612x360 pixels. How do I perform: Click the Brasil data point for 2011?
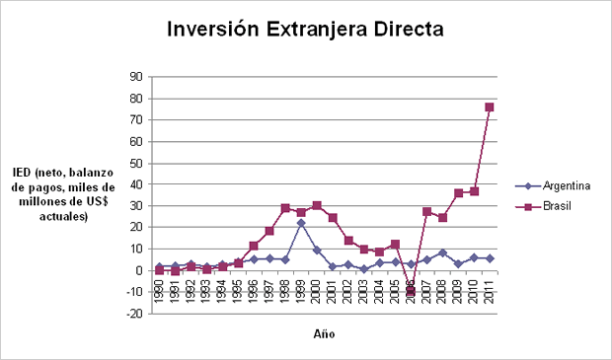tap(490, 107)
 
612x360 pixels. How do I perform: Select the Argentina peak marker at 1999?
tap(301, 223)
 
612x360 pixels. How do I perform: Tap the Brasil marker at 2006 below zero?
tap(411, 291)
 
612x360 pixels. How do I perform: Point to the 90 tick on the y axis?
tap(136, 77)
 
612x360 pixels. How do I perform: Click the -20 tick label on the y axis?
tap(134, 313)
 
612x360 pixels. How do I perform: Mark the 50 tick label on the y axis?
tap(136, 163)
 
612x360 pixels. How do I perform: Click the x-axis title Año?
tap(324, 334)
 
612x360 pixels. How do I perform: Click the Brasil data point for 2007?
tap(426, 211)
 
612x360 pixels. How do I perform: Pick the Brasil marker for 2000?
tap(317, 205)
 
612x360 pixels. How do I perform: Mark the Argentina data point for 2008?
tap(442, 252)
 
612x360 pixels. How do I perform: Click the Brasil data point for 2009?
tap(458, 193)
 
